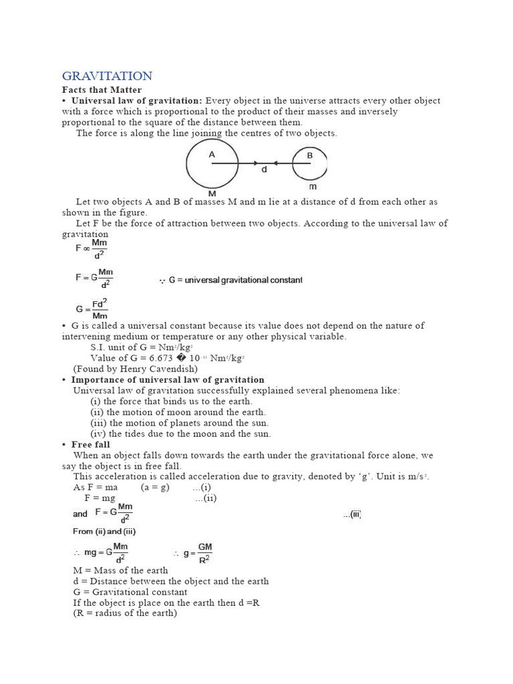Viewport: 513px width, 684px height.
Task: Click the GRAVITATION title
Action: [107, 76]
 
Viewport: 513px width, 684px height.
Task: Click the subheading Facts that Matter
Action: [102, 90]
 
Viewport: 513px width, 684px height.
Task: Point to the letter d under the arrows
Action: [265, 170]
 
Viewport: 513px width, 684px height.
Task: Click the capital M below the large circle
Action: [212, 194]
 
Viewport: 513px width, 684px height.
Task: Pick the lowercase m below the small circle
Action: [313, 187]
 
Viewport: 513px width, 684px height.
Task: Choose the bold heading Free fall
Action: [91, 444]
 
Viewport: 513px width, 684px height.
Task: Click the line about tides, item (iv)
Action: [180, 434]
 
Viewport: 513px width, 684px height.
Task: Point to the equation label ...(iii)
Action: [352, 514]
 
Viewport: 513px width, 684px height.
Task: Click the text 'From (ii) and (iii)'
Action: [104, 532]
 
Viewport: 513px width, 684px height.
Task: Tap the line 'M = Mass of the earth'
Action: [120, 570]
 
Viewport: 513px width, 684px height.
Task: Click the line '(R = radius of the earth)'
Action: [125, 613]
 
